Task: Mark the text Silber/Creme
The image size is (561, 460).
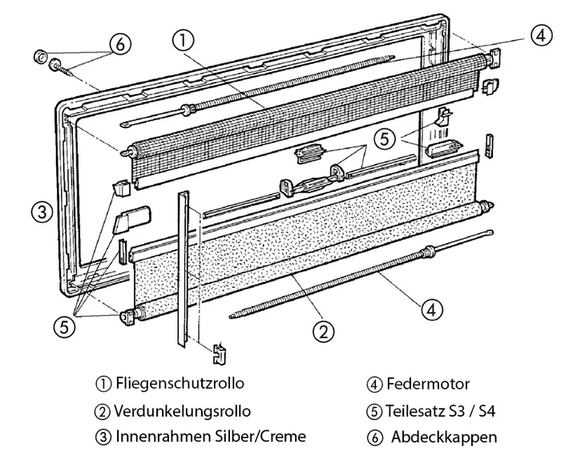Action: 260,437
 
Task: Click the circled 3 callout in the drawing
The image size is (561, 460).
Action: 42,212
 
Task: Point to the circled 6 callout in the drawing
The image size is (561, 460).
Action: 119,44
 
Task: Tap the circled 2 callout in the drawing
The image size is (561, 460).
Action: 322,329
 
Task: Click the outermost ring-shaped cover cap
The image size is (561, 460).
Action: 38,57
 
